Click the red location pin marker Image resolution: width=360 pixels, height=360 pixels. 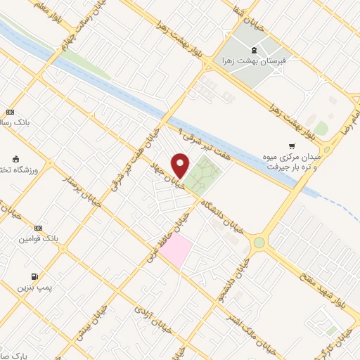181,165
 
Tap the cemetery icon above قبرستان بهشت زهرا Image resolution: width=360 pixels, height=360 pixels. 253,50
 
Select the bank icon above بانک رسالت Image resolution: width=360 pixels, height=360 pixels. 10,112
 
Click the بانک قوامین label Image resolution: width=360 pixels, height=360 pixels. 23,239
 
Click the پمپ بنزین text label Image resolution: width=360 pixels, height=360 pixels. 31,289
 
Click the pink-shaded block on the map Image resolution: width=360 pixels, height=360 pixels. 179,250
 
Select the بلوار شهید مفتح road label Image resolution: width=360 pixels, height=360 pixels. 309,276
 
